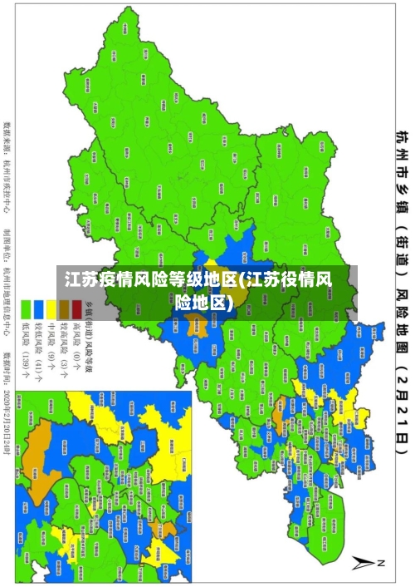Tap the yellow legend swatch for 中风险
pos(51,308)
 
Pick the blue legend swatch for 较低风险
pos(38,308)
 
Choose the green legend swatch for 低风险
pos(26,308)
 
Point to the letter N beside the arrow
pos(383,563)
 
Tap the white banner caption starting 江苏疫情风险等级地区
pos(207,290)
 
